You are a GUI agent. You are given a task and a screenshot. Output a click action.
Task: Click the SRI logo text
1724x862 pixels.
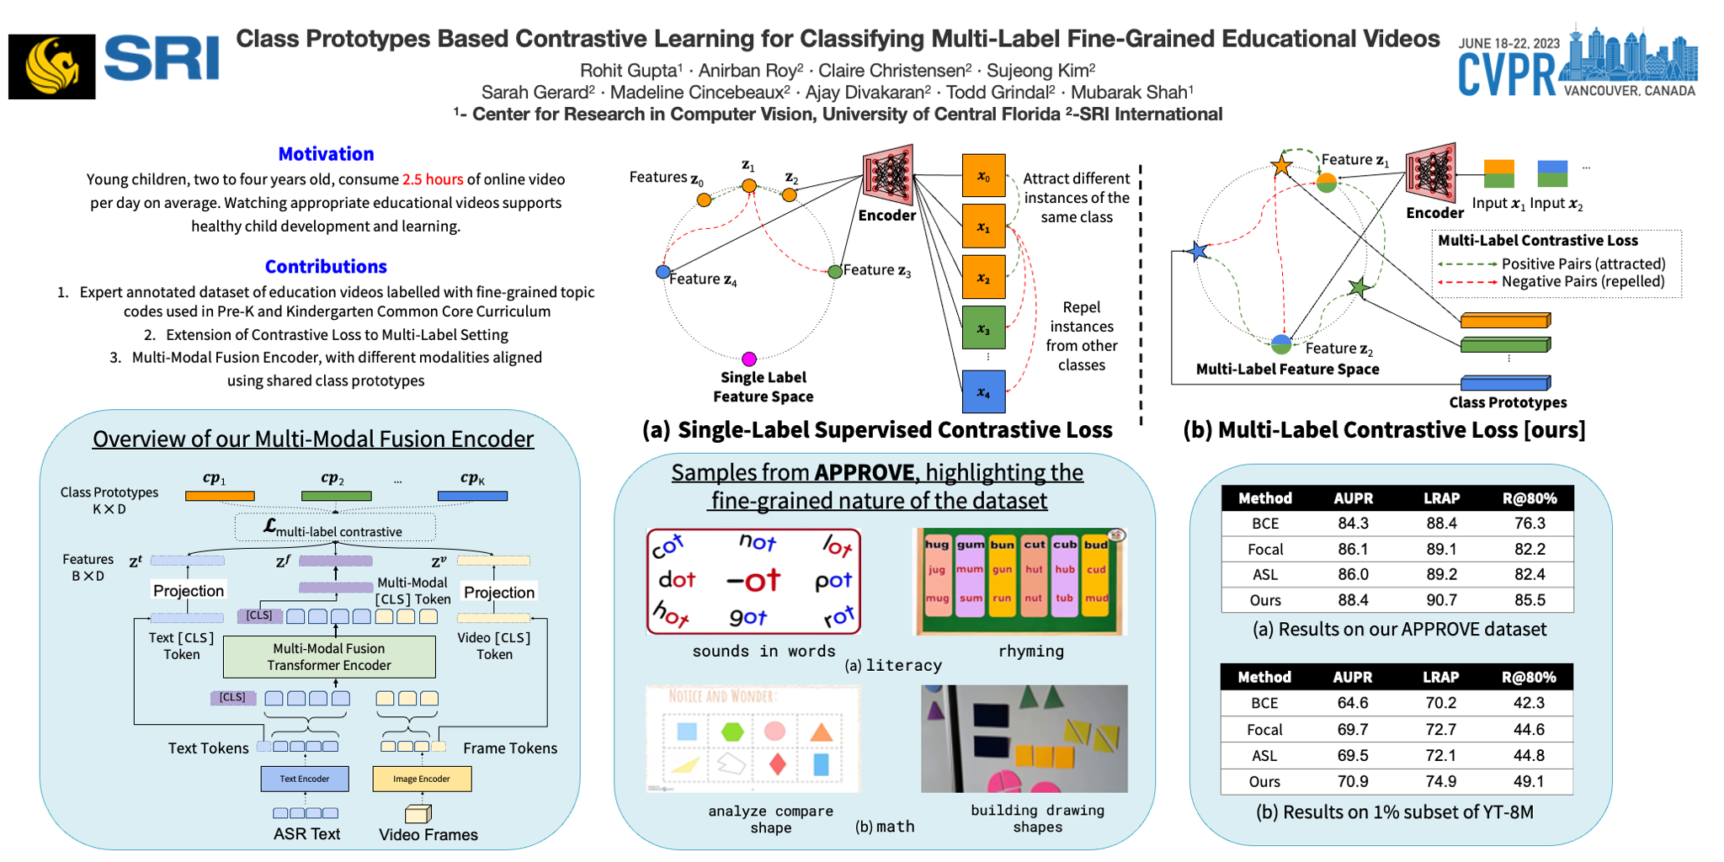[161, 60]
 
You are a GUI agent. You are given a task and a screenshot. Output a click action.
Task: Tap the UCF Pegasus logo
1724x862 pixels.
[51, 67]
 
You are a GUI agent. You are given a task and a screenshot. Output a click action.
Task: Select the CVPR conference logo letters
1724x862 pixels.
[1507, 74]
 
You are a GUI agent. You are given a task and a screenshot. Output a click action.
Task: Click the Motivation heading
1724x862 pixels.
[326, 154]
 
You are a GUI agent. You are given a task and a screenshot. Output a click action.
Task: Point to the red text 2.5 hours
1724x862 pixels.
[433, 179]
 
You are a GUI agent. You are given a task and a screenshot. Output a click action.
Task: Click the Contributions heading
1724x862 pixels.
[326, 267]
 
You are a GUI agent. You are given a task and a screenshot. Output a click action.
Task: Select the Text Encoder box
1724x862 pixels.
[305, 779]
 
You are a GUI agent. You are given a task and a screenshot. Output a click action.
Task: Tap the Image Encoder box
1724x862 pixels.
[422, 779]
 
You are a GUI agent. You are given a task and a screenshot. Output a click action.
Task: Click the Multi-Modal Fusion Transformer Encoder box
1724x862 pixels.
[329, 657]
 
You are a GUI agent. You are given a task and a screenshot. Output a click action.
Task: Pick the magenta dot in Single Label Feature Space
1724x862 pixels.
[749, 359]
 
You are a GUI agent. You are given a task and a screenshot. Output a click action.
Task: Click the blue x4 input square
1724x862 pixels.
[983, 392]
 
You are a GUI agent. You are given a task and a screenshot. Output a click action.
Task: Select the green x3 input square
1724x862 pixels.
[983, 328]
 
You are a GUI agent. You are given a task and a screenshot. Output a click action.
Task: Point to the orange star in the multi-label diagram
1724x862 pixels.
[1281, 165]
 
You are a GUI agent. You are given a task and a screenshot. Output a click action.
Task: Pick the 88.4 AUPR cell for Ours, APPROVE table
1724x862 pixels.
[1353, 600]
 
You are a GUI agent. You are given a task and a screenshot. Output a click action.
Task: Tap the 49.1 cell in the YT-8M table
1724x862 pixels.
[1529, 781]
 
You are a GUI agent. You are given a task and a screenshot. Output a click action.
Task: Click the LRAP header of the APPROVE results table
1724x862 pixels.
[1441, 498]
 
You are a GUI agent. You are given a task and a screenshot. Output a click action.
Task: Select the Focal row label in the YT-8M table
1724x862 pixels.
[1264, 729]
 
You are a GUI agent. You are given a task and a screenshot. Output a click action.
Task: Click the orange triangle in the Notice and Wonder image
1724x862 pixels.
[821, 731]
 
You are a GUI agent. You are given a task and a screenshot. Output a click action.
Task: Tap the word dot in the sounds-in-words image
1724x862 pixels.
[677, 579]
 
